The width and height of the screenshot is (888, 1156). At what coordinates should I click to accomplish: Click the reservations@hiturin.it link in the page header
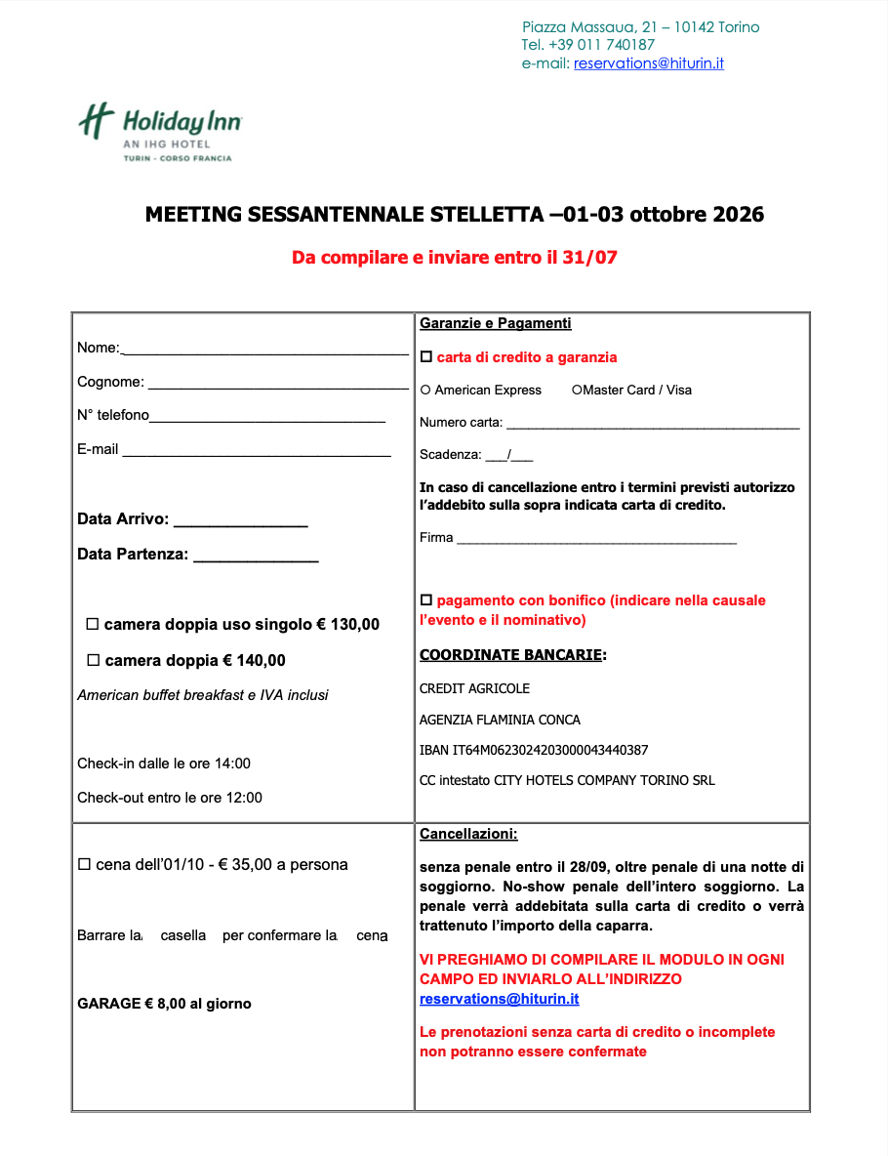pyautogui.click(x=648, y=63)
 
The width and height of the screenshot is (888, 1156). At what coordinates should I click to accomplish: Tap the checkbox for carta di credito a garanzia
pyautogui.click(x=425, y=357)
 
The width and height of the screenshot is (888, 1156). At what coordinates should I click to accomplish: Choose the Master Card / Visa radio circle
pyautogui.click(x=577, y=391)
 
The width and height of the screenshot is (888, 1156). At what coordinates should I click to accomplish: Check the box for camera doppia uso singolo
pyautogui.click(x=93, y=624)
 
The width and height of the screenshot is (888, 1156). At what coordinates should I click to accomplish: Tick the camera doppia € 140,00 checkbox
pyautogui.click(x=94, y=660)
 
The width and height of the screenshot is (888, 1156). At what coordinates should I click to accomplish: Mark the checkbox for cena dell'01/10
pyautogui.click(x=84, y=865)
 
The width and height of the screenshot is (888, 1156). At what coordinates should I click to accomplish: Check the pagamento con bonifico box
pyautogui.click(x=425, y=599)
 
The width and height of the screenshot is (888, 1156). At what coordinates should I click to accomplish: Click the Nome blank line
pyautogui.click(x=264, y=351)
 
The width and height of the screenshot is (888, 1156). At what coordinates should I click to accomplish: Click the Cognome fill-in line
pyautogui.click(x=277, y=387)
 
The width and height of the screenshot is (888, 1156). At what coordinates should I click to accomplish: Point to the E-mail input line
pyautogui.click(x=256, y=454)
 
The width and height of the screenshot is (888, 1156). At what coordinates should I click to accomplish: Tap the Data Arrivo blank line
pyautogui.click(x=240, y=524)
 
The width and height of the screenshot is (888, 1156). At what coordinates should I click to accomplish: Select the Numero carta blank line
pyautogui.click(x=652, y=427)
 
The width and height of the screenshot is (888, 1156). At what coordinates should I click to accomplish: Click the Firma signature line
pyautogui.click(x=595, y=541)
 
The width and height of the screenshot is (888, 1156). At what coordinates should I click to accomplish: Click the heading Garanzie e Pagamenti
pyautogui.click(x=496, y=323)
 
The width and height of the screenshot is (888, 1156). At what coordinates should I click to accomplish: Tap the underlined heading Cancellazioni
pyautogui.click(x=468, y=835)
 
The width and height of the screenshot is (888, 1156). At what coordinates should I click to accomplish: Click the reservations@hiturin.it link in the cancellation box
pyautogui.click(x=499, y=1000)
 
